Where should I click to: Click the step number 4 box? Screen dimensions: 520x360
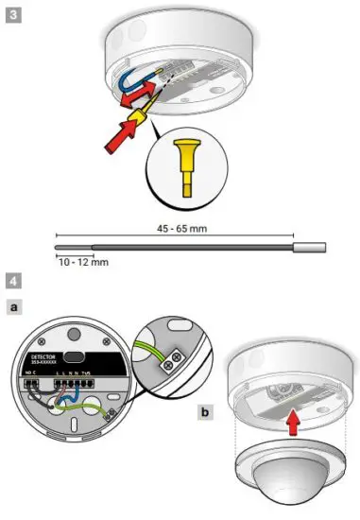coord(12,281)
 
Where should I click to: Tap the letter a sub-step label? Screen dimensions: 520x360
coord(13,308)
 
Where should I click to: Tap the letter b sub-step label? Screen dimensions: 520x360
coord(206,412)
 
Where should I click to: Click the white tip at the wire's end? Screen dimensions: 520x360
coord(310,248)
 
